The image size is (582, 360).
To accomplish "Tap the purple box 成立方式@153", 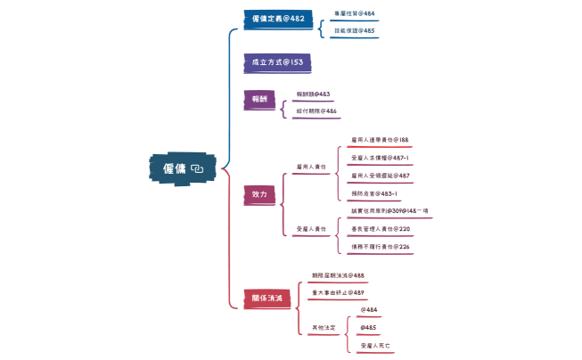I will coord(277,62).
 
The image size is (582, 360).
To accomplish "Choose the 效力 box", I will coord(259,193).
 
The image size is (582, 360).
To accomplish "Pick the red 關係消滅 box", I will coord(267,298).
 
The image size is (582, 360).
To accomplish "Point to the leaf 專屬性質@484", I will coord(354,13).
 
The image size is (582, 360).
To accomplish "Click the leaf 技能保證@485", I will coord(354,30).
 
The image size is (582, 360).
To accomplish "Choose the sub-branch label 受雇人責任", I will coord(311,229).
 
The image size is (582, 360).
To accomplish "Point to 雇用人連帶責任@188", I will coord(380,140).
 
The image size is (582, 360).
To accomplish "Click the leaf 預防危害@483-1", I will coord(374,192).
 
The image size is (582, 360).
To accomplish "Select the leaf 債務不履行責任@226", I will coord(381,246).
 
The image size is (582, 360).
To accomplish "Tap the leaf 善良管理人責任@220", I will coord(381,228).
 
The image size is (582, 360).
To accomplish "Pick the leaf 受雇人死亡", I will coord(375,344).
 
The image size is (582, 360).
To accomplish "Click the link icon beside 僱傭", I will coord(198,168).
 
